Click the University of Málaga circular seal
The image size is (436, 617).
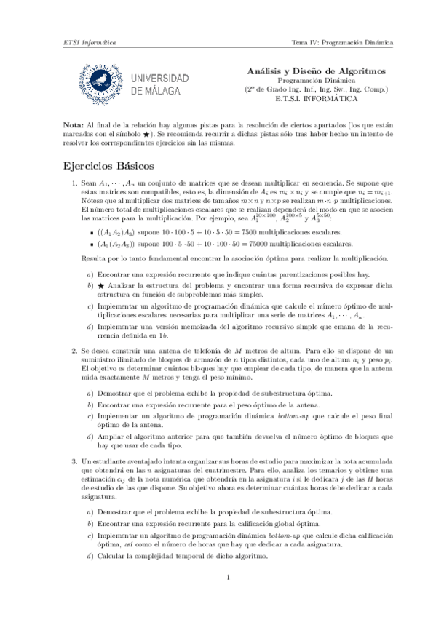(100, 80)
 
